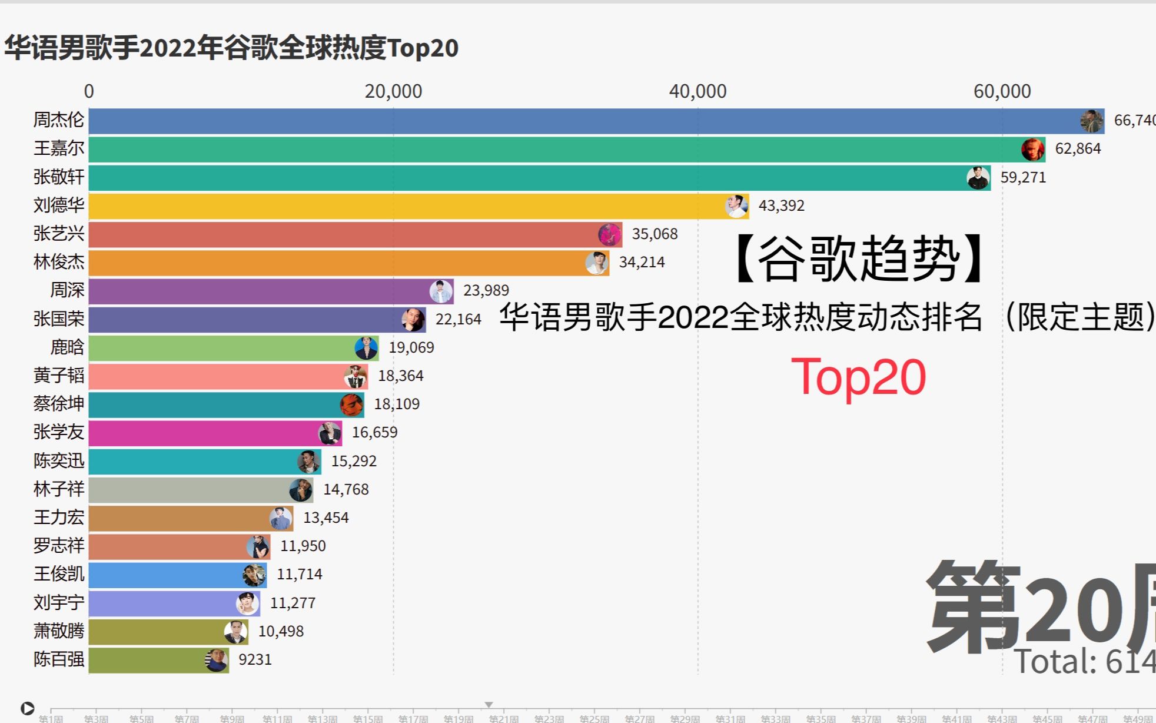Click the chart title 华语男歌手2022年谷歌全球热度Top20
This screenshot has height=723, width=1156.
point(231,48)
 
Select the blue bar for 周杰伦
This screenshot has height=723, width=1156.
point(583,121)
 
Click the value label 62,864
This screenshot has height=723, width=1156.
point(1078,149)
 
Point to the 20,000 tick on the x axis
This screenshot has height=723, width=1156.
point(393,91)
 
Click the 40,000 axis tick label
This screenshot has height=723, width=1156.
point(697,91)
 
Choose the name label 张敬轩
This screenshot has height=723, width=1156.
point(59,177)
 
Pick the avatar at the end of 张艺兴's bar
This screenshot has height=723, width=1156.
point(610,234)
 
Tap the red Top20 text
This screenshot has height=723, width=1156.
point(858,377)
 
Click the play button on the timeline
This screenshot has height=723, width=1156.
point(27,708)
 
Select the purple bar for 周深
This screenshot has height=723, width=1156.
point(259,291)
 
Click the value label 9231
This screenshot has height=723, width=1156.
point(255,659)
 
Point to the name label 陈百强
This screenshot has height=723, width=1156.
point(59,659)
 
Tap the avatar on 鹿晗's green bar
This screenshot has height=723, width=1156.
point(366,348)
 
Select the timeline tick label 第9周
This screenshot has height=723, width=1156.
point(232,718)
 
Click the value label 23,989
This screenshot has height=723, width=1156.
point(486,291)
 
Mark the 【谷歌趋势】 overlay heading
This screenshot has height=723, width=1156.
point(858,259)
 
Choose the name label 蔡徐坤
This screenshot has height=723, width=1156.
point(59,404)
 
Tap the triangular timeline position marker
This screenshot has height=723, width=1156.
point(489,705)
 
